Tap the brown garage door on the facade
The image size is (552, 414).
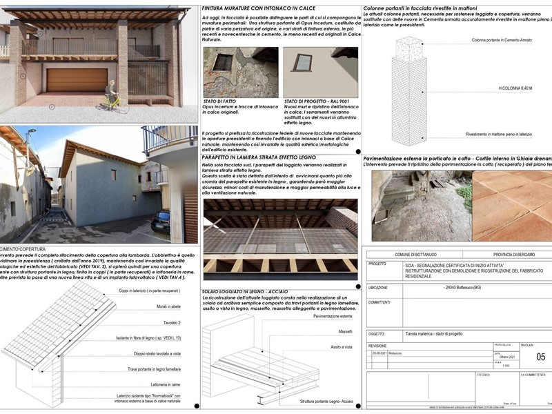pyautogui.click(x=77, y=81)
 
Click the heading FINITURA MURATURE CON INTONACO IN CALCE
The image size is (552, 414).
pyautogui.click(x=255, y=9)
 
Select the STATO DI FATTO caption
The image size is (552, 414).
pyautogui.click(x=221, y=101)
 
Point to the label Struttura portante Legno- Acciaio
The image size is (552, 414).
pyautogui.click(x=326, y=400)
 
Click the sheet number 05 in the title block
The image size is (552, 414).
pyautogui.click(x=540, y=357)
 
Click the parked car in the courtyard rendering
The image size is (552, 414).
pyautogui.click(x=160, y=221)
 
